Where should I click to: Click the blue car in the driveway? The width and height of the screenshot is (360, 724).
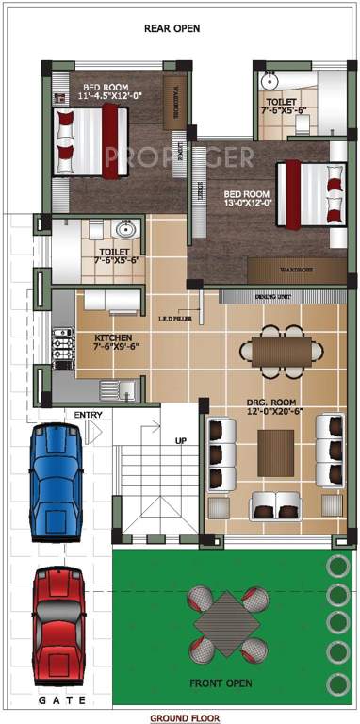57,481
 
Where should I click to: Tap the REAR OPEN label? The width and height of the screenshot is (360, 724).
172,28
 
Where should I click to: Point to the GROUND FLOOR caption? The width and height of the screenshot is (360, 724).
180,717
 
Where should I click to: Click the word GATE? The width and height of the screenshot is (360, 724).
62,700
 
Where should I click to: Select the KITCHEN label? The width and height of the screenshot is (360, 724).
113,337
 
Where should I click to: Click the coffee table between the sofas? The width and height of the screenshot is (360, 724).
275,452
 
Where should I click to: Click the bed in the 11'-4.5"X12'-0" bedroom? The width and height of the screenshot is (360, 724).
89,140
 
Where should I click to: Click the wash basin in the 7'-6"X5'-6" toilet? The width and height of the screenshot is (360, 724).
125,229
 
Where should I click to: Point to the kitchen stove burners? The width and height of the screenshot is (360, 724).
62,348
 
